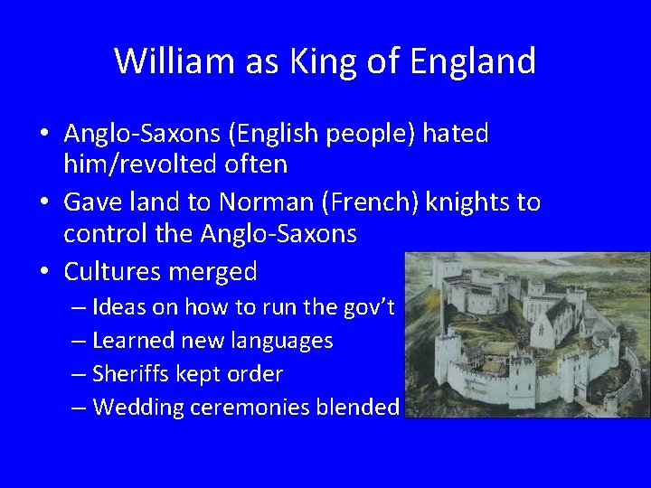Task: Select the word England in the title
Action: point(473,61)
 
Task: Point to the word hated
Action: point(455,134)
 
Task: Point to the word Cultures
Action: point(110,271)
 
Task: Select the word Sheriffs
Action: point(132,374)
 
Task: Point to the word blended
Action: point(357,408)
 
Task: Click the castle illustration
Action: point(526,334)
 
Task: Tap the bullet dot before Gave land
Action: point(44,202)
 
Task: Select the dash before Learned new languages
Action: point(80,341)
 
